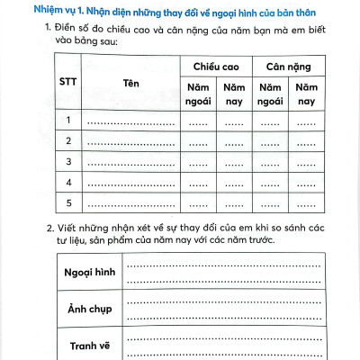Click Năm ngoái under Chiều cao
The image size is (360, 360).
click(x=197, y=94)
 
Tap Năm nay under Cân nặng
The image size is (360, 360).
click(x=307, y=94)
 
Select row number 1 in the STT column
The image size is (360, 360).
click(x=67, y=121)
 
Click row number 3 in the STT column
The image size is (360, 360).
click(x=67, y=161)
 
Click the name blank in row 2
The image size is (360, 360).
click(x=131, y=142)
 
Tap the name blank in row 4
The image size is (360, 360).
click(x=131, y=183)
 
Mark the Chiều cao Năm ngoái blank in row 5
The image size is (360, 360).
click(x=197, y=202)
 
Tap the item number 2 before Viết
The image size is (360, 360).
click(x=48, y=229)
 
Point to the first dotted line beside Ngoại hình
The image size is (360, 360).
click(x=223, y=266)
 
